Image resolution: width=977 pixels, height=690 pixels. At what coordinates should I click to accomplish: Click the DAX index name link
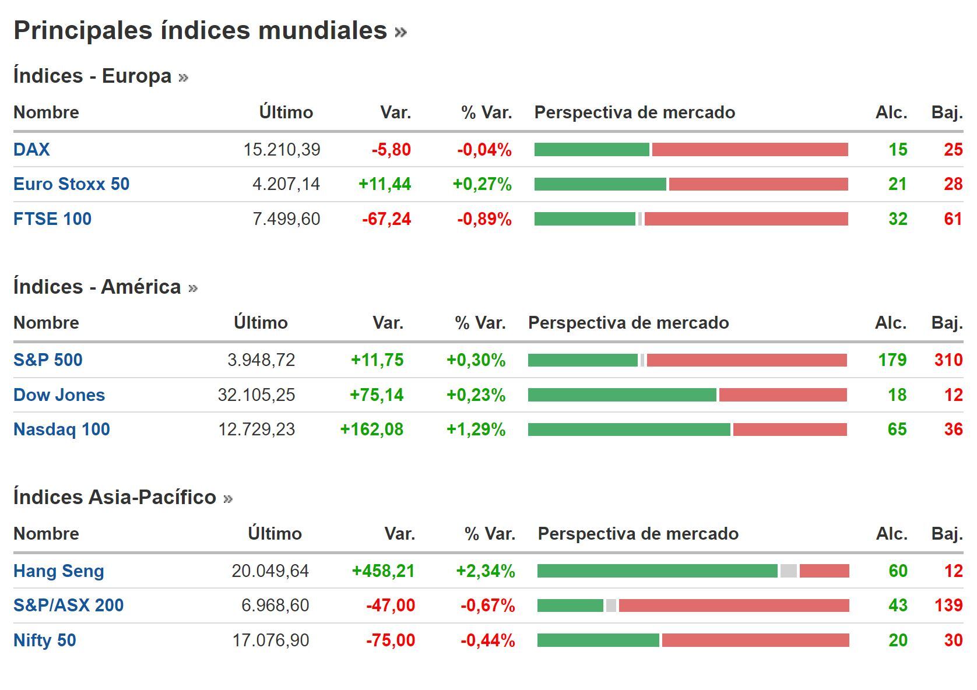pos(31,150)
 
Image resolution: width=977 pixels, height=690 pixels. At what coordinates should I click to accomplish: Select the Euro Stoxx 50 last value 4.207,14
pos(286,184)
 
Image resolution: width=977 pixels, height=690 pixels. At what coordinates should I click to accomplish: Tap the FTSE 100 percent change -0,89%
pos(484,219)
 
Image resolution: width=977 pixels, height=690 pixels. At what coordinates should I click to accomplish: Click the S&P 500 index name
pos(48,360)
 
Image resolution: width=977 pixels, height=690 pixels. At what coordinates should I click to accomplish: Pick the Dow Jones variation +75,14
pos(377,395)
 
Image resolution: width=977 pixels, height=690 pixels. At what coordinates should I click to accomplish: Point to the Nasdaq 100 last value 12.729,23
pos(256,430)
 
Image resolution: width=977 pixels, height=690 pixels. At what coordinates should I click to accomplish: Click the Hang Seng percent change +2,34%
pos(485,571)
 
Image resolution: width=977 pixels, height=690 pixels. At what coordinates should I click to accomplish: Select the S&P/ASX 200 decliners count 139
pos(948,605)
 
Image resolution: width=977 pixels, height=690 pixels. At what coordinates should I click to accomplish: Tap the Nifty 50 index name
pos(45,640)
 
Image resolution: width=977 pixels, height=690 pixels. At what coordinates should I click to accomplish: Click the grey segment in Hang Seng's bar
pos(788,571)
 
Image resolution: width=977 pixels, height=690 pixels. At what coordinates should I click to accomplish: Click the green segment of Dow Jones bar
pos(621,395)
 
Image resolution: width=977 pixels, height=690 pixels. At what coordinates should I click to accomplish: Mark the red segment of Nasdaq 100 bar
pos(789,430)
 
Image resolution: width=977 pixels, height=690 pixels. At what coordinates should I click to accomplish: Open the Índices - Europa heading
pos(92,76)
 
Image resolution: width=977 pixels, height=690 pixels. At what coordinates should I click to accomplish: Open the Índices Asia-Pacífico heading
pos(115,497)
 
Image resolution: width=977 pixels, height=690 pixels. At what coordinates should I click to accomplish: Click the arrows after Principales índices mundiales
pos(400,31)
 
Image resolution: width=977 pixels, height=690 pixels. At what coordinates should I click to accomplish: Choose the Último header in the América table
pos(261,323)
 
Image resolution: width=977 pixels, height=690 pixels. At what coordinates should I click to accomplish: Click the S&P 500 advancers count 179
pos(892,360)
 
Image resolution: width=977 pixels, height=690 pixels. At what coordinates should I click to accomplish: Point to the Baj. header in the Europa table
pos(947,112)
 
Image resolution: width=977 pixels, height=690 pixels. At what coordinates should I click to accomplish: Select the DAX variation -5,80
pos(391,150)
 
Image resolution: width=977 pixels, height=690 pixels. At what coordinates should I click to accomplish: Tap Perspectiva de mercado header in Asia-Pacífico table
pos(638,534)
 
